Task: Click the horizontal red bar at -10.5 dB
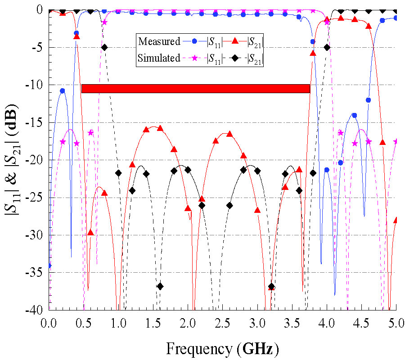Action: (196, 89)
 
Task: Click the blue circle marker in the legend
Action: (194, 42)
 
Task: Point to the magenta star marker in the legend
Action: (194, 58)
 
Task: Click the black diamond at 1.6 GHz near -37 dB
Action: (160, 286)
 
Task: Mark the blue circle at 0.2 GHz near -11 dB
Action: (62, 91)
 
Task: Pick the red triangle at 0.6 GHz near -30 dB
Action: (90, 233)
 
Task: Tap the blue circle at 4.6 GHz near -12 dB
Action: (368, 100)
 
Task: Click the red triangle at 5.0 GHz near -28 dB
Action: (396, 220)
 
